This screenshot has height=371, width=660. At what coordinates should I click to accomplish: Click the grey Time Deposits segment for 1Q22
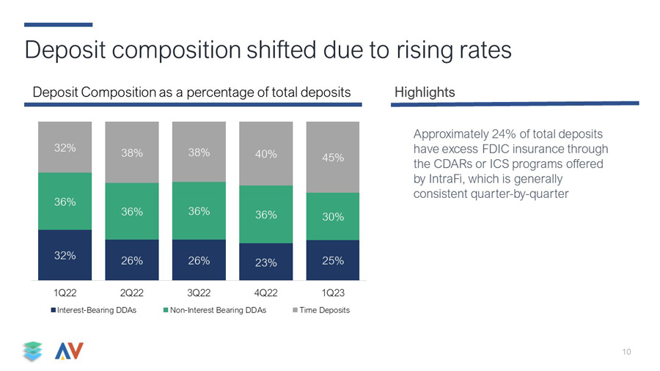[65, 147]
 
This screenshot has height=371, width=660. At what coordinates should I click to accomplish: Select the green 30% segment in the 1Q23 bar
[333, 216]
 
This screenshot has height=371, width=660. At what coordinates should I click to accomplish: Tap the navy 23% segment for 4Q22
[266, 262]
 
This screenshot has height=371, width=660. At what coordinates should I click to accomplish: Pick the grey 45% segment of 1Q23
[333, 158]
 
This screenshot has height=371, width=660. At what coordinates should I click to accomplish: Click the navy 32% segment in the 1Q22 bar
[65, 255]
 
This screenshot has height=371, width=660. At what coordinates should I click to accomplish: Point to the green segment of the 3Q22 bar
[199, 211]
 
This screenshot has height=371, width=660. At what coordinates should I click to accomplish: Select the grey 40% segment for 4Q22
[266, 153]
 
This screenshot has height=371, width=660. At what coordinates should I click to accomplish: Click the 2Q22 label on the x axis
[132, 293]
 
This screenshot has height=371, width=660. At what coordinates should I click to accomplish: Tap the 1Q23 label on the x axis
[333, 293]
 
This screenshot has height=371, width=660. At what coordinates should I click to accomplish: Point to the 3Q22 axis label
[199, 293]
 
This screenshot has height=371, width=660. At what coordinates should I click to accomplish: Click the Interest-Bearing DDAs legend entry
[93, 310]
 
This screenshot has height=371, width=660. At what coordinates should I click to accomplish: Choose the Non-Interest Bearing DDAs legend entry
[215, 310]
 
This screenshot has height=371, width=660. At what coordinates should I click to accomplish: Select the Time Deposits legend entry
[321, 310]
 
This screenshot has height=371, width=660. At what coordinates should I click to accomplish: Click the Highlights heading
[425, 92]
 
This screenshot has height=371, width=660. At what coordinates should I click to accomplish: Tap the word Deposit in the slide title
[65, 50]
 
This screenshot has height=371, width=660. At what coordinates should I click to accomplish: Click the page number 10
[626, 352]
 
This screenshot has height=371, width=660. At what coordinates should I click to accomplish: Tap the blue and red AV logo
[69, 350]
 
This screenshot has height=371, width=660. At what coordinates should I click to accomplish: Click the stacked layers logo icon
[33, 351]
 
